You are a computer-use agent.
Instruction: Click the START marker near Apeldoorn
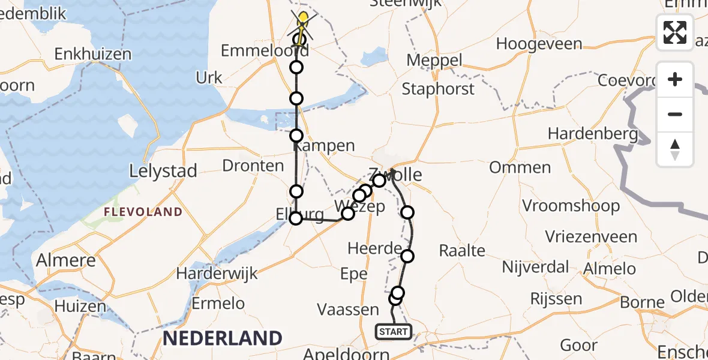[394, 331]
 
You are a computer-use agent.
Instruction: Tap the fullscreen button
[675, 32]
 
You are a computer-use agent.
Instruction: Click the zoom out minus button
[675, 114]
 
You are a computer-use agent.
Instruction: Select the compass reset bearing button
[675, 149]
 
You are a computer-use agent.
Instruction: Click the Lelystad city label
[163, 172]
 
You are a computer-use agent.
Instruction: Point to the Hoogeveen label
[539, 44]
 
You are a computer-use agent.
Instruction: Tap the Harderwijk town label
[217, 274]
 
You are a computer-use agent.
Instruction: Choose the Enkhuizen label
[93, 54]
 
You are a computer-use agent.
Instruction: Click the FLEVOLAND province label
[143, 212]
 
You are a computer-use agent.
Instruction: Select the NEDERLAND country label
[222, 338]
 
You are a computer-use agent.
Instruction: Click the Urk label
[209, 78]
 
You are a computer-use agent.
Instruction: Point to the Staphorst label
[438, 89]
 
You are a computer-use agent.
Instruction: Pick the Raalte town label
[462, 250]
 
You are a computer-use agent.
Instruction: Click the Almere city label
[66, 261]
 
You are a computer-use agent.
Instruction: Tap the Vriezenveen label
[591, 236]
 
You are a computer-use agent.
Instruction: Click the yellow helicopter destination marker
[304, 20]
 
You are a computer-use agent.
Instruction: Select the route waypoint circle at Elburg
[296, 218]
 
